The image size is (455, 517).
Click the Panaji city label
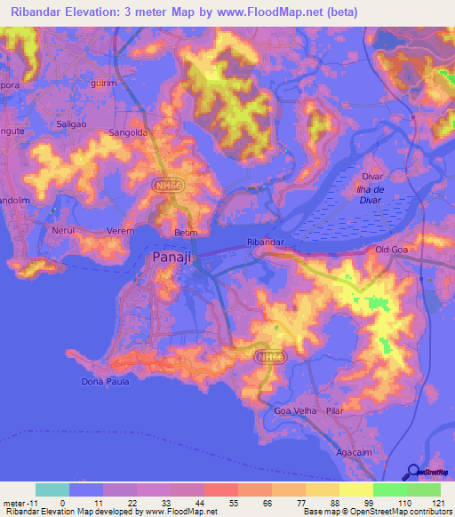coord(164,260)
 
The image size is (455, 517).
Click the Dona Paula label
coord(106,382)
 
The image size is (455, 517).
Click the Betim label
coord(185,233)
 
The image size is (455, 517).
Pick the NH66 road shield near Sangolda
coord(162,186)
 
